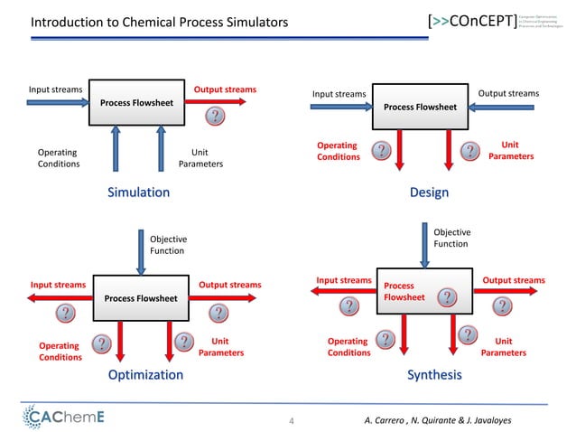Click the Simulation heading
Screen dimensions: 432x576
(138, 192)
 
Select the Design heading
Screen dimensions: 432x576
(429, 192)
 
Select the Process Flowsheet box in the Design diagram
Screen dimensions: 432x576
(421, 108)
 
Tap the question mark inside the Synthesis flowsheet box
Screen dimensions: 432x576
(446, 298)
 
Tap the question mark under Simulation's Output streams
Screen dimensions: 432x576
(215, 117)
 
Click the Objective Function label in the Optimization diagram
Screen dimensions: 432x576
(168, 245)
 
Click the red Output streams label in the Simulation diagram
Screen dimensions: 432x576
(225, 89)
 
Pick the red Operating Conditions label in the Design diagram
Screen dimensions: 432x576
(338, 151)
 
